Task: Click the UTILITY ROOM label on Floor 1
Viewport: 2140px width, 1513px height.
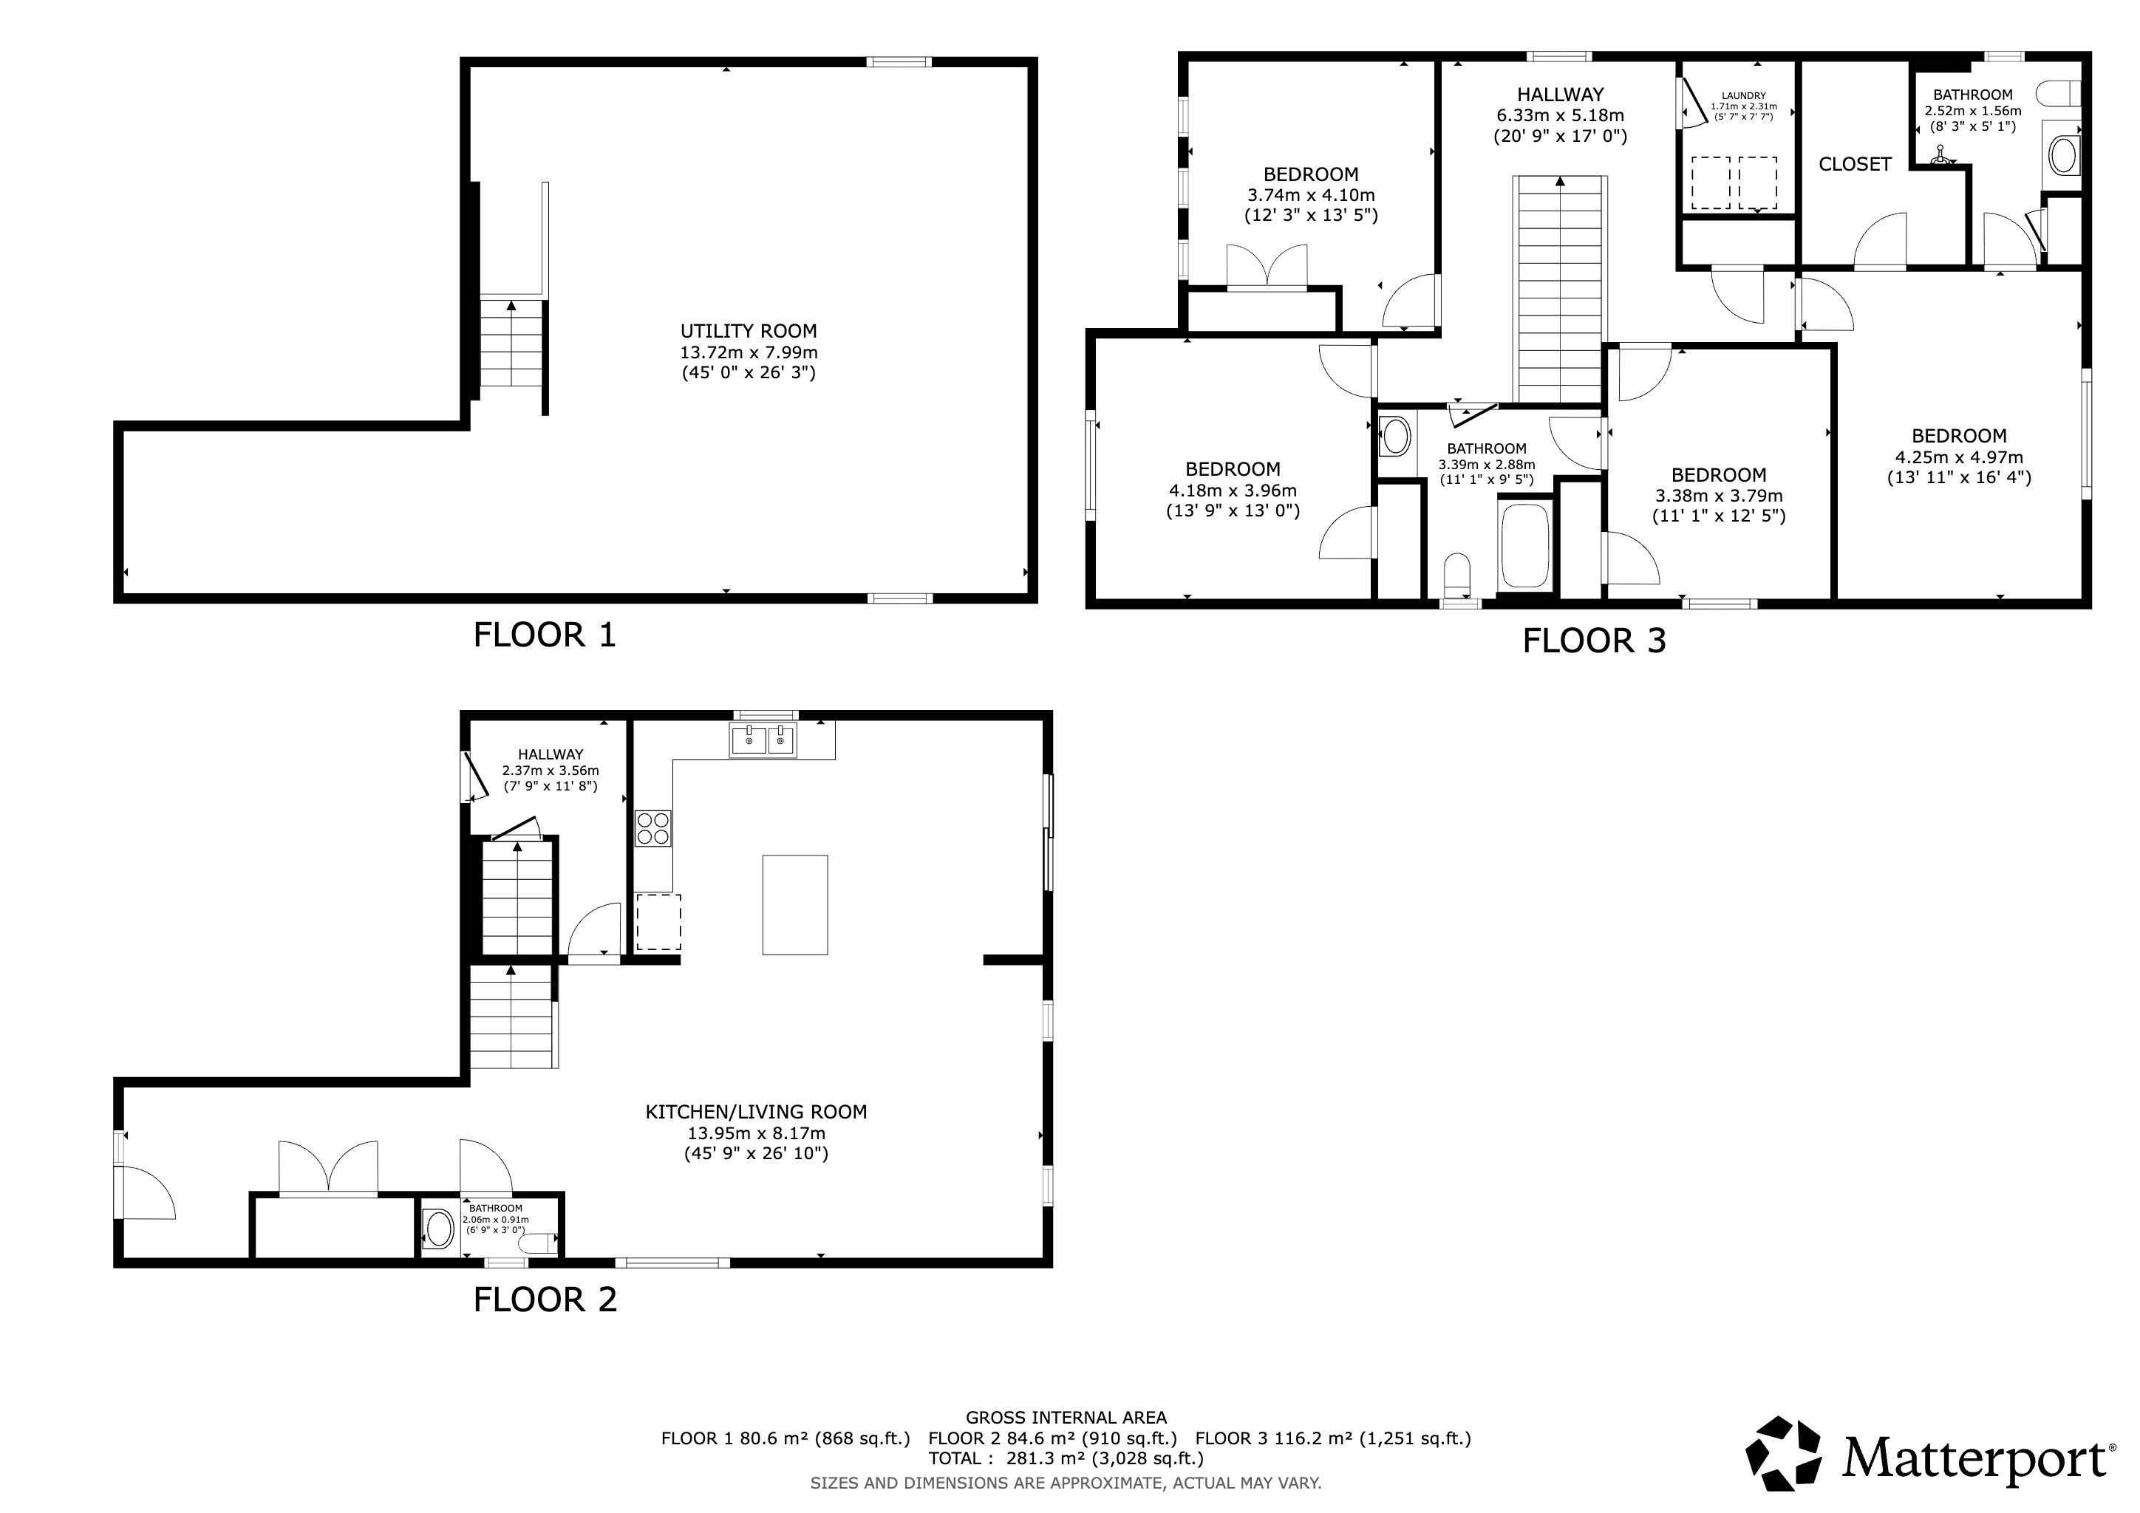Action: tap(749, 331)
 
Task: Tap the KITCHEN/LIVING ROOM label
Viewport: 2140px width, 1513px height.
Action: tap(756, 1111)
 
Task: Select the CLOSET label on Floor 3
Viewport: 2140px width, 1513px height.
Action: tap(1855, 164)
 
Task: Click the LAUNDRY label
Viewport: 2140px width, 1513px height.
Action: tap(1743, 95)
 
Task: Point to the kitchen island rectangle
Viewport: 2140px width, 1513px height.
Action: tap(795, 905)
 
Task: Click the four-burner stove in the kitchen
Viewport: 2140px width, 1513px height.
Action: tap(652, 828)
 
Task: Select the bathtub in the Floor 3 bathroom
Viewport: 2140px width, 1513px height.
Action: tap(1525, 545)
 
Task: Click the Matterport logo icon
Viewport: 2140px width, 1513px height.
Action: tap(1783, 1453)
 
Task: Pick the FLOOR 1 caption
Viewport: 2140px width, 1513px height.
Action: tap(545, 635)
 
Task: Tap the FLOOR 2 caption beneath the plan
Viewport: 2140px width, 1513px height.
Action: tap(545, 1299)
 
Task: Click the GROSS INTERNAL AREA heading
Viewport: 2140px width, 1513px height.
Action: tap(1066, 1417)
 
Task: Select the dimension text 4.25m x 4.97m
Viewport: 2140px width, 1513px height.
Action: tap(1958, 457)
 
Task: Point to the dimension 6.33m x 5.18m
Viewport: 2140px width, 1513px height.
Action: tap(1560, 115)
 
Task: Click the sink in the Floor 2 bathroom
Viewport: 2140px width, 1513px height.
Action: tap(439, 1229)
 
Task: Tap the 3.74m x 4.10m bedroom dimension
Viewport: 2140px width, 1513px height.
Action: tap(1310, 195)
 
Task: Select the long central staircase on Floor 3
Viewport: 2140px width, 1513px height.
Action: tap(1560, 289)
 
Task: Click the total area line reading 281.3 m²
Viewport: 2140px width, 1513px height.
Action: tap(1066, 1458)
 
